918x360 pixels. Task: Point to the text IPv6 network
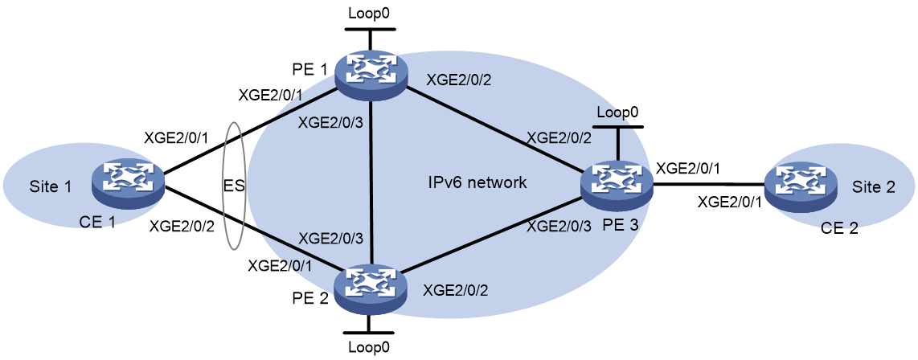tap(477, 183)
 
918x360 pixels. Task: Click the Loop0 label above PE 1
tap(370, 12)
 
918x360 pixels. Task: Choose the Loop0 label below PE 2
tap(369, 346)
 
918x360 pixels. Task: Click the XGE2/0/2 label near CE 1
tap(181, 224)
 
